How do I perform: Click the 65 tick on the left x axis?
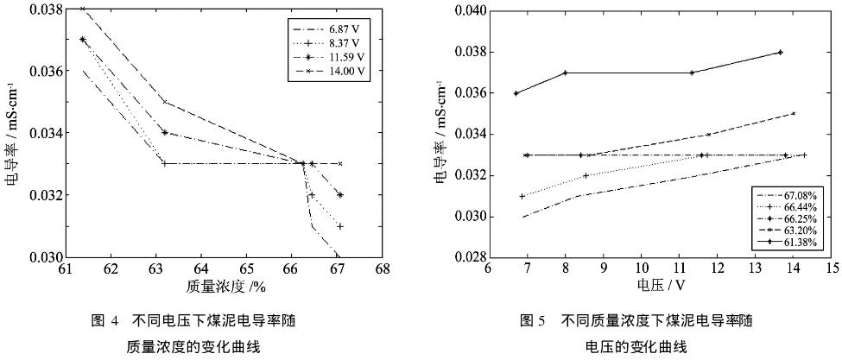point(246,270)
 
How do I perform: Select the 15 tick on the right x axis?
point(832,270)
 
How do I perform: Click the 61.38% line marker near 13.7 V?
point(780,52)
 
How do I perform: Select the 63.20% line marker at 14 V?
point(793,113)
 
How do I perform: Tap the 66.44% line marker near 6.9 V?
point(522,196)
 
